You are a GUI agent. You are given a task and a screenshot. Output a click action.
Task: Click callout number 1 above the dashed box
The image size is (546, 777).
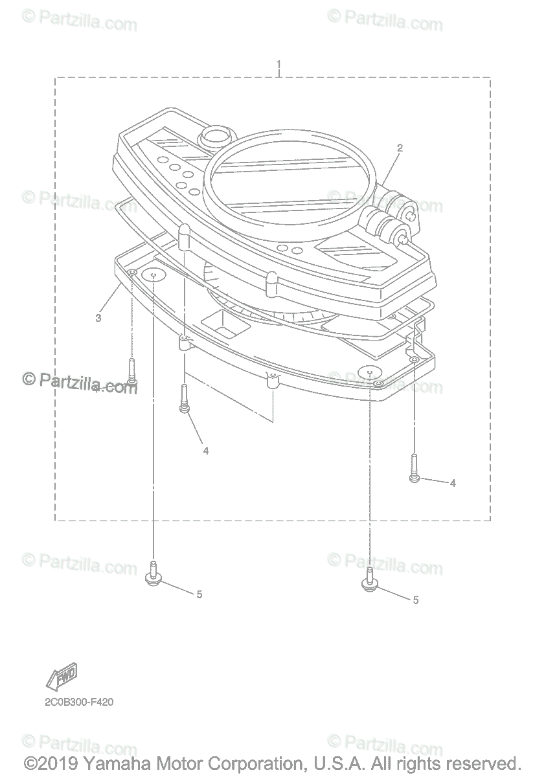pos(279,65)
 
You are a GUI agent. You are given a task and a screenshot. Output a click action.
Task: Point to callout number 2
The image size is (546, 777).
pos(400,148)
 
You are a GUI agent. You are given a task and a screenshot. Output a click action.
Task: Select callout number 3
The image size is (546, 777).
pos(98,318)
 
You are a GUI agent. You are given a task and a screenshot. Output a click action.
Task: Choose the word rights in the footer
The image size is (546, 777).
pos(415,763)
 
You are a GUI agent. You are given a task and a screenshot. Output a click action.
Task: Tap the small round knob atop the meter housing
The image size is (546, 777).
pos(215,137)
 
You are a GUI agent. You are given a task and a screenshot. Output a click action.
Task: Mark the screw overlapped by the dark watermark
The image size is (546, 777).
pos(131,376)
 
